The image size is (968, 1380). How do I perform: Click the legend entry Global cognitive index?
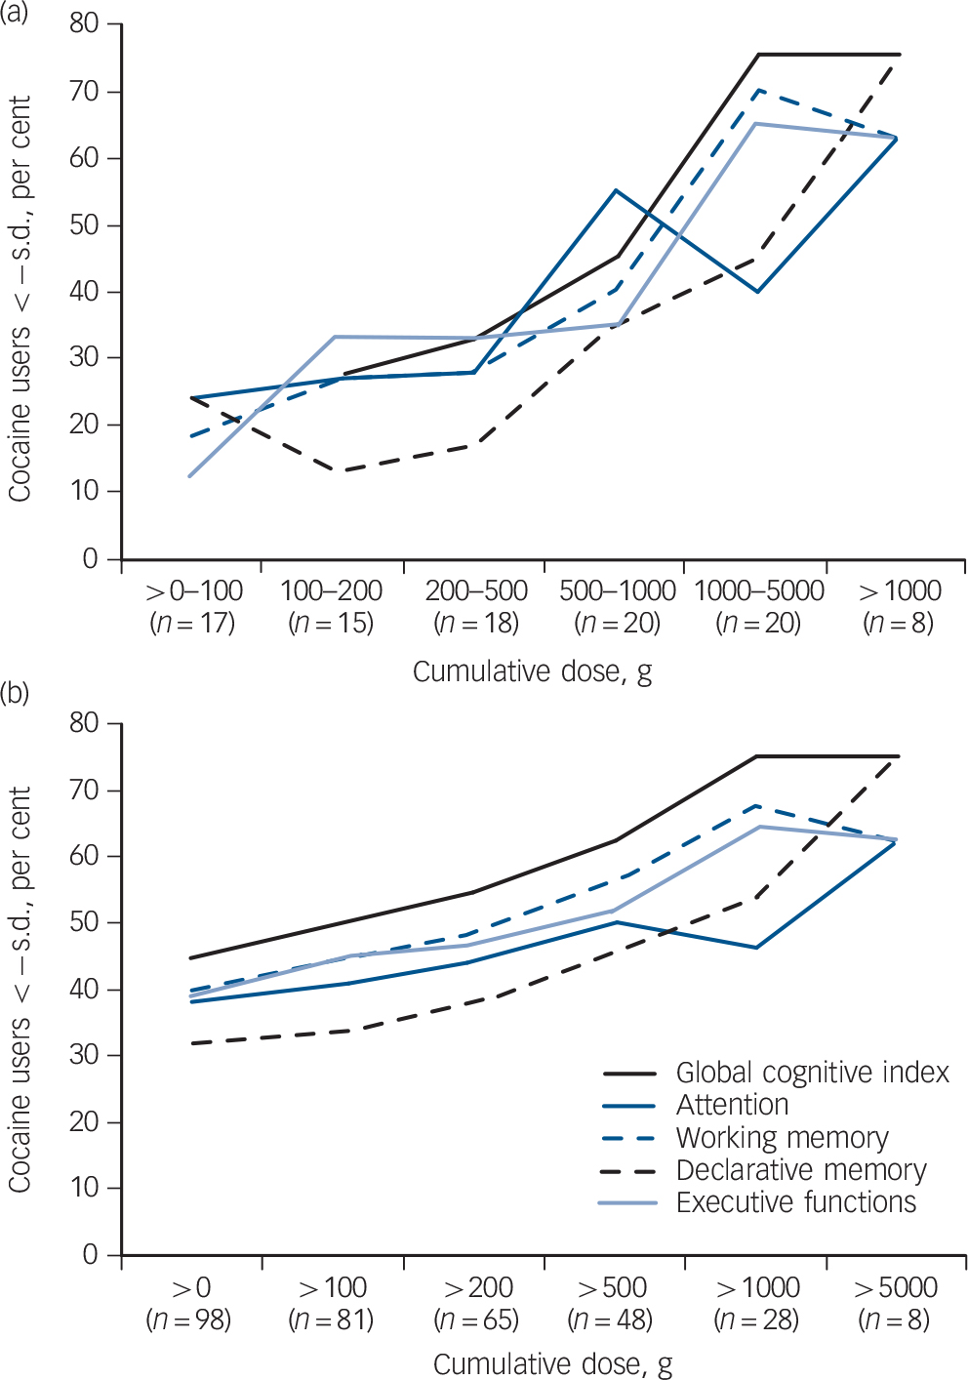pyautogui.click(x=812, y=1073)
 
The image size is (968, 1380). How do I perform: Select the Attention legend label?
pyautogui.click(x=732, y=1105)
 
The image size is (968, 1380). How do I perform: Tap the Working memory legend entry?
pyautogui.click(x=782, y=1138)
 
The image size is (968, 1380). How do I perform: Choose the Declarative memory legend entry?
pyautogui.click(x=800, y=1170)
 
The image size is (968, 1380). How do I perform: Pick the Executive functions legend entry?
pyautogui.click(x=795, y=1202)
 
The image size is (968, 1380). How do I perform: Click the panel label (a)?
pyautogui.click(x=15, y=11)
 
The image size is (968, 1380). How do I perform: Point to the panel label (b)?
pyautogui.click(x=15, y=693)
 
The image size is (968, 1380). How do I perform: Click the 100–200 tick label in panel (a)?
pyautogui.click(x=332, y=590)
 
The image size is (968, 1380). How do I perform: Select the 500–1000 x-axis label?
pyautogui.click(x=618, y=590)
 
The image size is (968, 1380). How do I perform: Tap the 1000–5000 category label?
pyautogui.click(x=759, y=590)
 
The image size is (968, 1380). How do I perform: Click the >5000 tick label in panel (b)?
pyautogui.click(x=896, y=1287)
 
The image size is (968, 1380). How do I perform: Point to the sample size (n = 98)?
pyautogui.click(x=188, y=1320)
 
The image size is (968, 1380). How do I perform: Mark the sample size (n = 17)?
pyautogui.click(x=192, y=623)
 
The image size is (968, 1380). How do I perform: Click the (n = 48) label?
pyautogui.click(x=610, y=1320)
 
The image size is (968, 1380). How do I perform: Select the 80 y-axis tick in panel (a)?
pyautogui.click(x=84, y=23)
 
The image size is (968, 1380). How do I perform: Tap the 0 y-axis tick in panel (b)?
pyautogui.click(x=90, y=1254)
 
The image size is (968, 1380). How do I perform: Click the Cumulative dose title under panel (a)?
pyautogui.click(x=532, y=671)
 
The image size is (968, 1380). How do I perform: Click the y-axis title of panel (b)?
pyautogui.click(x=20, y=989)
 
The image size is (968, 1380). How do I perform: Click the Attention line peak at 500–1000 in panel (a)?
pyautogui.click(x=616, y=189)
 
